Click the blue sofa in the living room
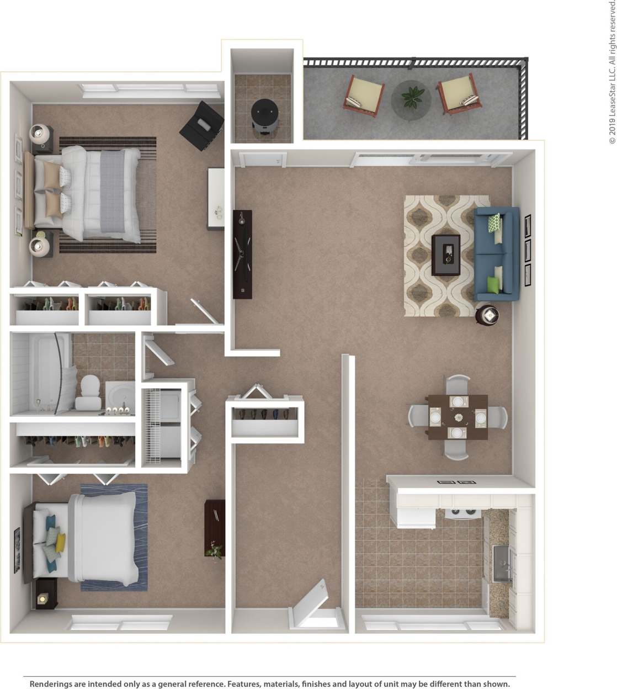[496, 254]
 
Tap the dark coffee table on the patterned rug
[446, 255]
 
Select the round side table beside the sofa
[488, 315]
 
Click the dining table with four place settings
[458, 417]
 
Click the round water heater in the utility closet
[264, 114]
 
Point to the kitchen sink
[502, 563]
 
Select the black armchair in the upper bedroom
[202, 126]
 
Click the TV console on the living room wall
[242, 254]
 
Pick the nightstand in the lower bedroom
[46, 593]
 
